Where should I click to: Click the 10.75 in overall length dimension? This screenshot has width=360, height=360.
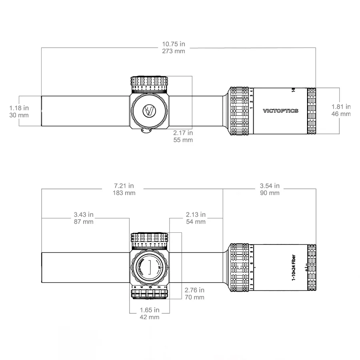(x=173, y=44)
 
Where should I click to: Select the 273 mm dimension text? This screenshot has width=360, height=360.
(x=173, y=51)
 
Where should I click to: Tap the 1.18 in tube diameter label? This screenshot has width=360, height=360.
(x=19, y=108)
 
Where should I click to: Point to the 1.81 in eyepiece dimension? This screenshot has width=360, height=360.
(x=341, y=107)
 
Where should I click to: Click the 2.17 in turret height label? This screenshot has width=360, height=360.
(x=183, y=133)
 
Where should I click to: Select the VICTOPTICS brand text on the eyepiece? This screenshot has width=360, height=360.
(x=280, y=111)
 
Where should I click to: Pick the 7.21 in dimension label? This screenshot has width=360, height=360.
(x=124, y=186)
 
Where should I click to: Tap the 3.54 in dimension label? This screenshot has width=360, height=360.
(x=270, y=186)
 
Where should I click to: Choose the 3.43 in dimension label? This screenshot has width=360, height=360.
(x=84, y=214)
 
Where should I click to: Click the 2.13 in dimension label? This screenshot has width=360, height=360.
(x=196, y=214)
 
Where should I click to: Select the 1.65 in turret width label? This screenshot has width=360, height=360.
(x=150, y=310)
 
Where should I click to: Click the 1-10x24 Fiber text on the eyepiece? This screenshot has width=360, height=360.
(x=294, y=268)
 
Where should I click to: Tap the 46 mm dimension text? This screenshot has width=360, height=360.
(x=341, y=114)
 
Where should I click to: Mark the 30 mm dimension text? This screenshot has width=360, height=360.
(x=19, y=115)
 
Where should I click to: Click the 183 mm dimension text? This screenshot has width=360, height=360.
(x=124, y=193)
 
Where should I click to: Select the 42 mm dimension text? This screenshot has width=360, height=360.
(x=150, y=317)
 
